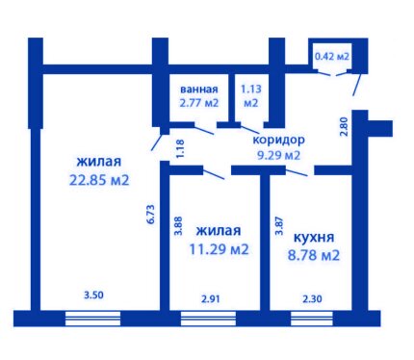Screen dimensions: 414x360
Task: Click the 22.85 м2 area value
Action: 99,180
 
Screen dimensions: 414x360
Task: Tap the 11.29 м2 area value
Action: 220,249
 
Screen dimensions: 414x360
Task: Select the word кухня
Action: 314,238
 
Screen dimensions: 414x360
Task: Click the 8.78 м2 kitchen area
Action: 314,255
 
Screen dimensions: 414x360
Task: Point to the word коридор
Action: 279,141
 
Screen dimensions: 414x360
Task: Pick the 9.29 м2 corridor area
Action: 279,155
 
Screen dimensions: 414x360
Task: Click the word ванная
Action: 199,89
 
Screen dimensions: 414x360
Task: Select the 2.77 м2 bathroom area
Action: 199,103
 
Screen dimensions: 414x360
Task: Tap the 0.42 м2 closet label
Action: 332,57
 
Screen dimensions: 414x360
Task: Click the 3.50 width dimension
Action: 93,295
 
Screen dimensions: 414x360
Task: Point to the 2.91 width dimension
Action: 211,299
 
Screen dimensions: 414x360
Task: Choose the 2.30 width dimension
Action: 312,299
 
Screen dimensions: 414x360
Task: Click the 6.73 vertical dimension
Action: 151,215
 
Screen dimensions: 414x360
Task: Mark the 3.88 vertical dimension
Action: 178,226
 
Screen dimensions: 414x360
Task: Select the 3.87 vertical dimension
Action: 279,226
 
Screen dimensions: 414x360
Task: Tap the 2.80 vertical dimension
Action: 344,127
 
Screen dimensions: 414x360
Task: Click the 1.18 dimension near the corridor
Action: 180,148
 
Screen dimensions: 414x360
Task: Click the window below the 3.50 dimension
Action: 93,319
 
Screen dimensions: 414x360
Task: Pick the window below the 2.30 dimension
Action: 312,319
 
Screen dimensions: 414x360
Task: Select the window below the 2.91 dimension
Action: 208,319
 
